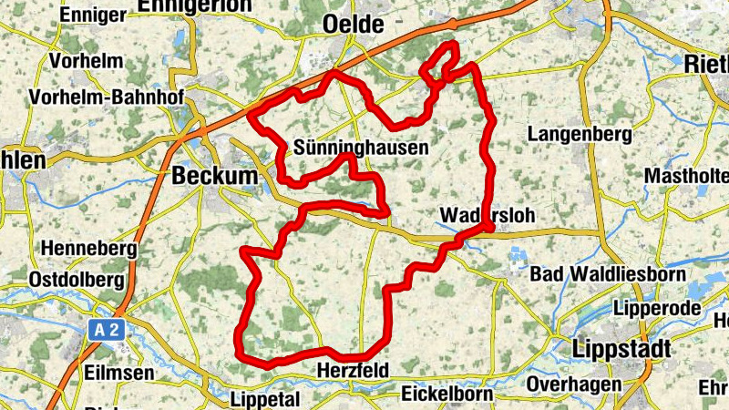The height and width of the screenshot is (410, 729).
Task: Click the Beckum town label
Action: click(215, 175)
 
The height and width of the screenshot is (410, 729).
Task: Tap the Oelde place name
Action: click(354, 25)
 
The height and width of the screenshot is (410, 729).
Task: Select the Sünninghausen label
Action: click(361, 146)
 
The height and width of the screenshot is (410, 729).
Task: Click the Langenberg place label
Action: click(580, 135)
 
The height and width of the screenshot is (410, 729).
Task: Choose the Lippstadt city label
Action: click(622, 348)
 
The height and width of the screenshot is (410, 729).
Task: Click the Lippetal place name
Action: click(266, 400)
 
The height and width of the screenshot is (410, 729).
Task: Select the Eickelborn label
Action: click(447, 395)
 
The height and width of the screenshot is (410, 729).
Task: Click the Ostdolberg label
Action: click(76, 278)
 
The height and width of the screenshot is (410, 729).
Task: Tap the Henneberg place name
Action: click(88, 248)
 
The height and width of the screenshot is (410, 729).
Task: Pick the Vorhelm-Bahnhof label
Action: click(106, 97)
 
